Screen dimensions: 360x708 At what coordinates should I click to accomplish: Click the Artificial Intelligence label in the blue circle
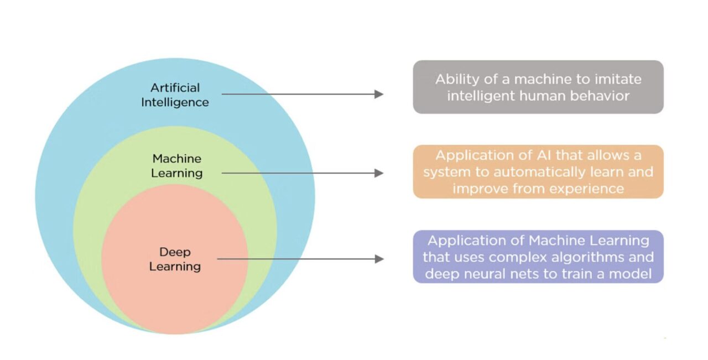coord(175,95)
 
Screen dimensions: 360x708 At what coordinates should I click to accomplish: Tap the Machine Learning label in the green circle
coord(177,166)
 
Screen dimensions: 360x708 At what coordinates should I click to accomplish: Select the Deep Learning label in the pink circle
coord(175,259)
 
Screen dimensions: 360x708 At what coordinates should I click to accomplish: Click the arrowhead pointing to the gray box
coord(379,95)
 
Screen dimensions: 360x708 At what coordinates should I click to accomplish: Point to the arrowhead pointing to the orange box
coord(379,173)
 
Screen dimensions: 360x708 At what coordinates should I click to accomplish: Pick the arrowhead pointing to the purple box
coord(379,259)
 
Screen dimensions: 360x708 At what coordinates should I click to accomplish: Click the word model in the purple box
coord(632,274)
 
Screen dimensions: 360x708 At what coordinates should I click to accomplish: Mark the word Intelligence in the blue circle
coord(175,102)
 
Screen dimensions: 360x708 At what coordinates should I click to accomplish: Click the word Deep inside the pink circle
coord(175,252)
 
